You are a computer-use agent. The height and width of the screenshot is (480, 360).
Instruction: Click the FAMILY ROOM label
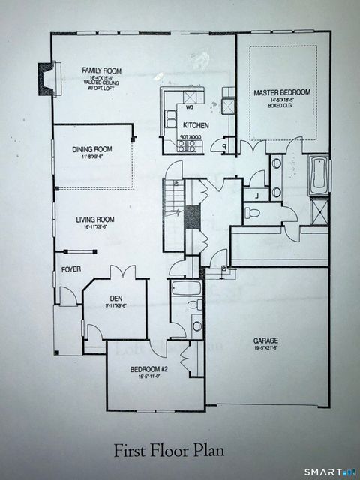pyautogui.click(x=102, y=71)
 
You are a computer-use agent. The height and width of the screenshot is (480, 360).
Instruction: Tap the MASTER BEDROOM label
pyautogui.click(x=281, y=93)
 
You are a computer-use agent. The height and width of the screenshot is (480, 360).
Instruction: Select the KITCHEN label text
pyautogui.click(x=196, y=125)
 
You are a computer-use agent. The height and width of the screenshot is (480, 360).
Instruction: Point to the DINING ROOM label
pyautogui.click(x=92, y=150)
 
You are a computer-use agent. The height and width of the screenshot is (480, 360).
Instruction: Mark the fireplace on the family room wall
pyautogui.click(x=46, y=77)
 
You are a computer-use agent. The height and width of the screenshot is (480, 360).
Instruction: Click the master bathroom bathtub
pyautogui.click(x=319, y=175)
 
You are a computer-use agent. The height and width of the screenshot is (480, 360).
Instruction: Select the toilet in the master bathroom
pyautogui.click(x=253, y=213)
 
